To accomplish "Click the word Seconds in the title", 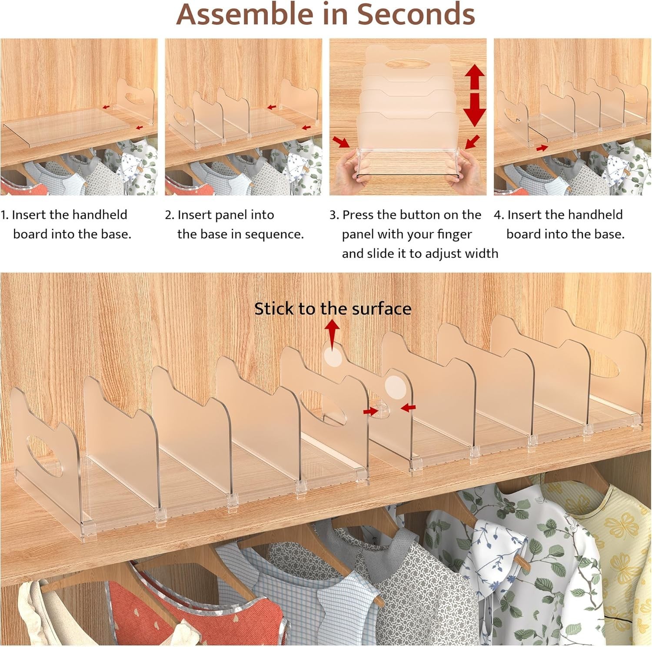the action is coord(416,14).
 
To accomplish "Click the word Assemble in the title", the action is coord(244,14).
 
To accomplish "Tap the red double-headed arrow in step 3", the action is coord(474,95).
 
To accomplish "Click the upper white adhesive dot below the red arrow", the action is coord(333,358).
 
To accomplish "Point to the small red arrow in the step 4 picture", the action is coord(542,148).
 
